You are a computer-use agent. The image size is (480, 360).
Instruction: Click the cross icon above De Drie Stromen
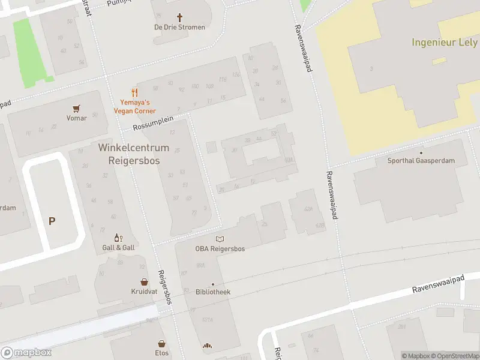point(179,17)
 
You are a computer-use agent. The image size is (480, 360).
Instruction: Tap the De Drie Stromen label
point(179,28)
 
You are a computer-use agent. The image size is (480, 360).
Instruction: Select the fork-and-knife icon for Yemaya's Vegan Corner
point(135,93)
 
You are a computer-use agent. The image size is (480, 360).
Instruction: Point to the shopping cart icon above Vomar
point(76,109)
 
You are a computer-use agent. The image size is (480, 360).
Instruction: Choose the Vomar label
point(77,118)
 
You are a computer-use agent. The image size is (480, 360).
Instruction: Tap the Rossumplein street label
point(153,123)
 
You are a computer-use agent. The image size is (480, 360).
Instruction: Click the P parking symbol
point(52,221)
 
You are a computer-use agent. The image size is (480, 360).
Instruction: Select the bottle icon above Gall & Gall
point(118,238)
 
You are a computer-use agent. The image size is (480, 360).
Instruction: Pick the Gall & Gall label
point(118,248)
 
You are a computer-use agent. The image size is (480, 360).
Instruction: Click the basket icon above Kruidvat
point(144,281)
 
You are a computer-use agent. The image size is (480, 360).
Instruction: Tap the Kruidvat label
point(144,292)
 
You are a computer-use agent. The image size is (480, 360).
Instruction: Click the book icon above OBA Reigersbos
point(220,239)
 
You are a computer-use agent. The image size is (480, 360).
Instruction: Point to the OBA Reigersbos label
point(220,249)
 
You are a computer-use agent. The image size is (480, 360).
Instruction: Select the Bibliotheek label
point(213,292)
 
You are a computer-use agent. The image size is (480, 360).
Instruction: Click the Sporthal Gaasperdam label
point(421,161)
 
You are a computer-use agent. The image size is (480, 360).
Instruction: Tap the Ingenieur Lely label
point(445,43)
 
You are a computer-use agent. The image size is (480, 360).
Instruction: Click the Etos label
point(161,353)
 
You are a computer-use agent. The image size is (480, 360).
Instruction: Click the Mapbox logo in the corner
point(26,353)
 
